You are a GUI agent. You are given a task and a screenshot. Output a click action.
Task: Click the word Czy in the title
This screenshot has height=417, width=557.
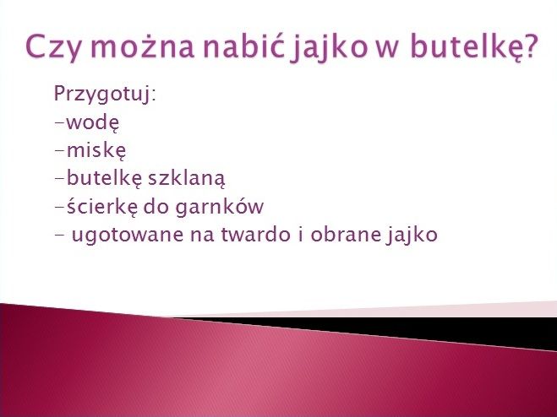click(x=53, y=47)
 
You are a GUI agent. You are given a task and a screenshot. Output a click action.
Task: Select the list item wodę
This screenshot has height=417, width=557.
click(x=93, y=122)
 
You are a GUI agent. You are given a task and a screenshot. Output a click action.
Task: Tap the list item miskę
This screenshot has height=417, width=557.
click(x=96, y=150)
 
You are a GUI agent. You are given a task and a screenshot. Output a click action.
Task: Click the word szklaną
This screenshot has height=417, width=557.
click(x=186, y=178)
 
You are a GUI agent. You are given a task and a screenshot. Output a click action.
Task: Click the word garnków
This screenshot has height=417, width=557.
click(x=220, y=208)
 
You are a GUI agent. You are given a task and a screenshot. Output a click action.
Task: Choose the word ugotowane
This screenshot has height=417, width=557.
click(x=128, y=236)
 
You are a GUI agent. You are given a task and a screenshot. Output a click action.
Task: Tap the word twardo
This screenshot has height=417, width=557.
click(x=255, y=234)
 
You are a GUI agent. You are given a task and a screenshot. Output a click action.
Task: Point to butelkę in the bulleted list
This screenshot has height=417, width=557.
click(x=104, y=178)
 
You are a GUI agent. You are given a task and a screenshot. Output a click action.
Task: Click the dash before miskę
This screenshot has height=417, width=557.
click(x=60, y=150)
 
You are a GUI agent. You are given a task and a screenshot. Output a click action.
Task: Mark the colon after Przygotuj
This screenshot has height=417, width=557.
click(x=154, y=95)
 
